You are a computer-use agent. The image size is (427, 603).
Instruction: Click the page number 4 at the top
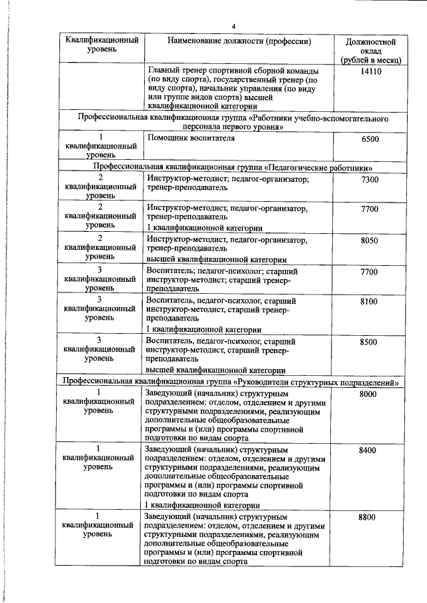pos(234,27)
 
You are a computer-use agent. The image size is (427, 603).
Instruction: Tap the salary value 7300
pos(369,180)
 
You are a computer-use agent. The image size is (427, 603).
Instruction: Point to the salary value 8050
pos(369,241)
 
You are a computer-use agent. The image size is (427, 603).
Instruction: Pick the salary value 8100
pos(369,302)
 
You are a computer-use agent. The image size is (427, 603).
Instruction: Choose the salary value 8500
pos(369,342)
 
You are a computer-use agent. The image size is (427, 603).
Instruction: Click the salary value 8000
pos(368,395)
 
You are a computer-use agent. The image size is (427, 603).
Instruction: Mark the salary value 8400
pos(368,451)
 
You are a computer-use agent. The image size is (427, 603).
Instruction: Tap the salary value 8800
pos(368,517)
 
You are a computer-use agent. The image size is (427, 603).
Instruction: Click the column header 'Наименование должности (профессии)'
pos(240,41)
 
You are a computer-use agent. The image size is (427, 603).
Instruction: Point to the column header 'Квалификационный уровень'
pos(102,45)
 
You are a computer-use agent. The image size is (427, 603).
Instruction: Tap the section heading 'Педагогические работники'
pos(233,167)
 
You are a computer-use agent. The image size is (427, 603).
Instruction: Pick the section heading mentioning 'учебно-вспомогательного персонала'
pos(233,123)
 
